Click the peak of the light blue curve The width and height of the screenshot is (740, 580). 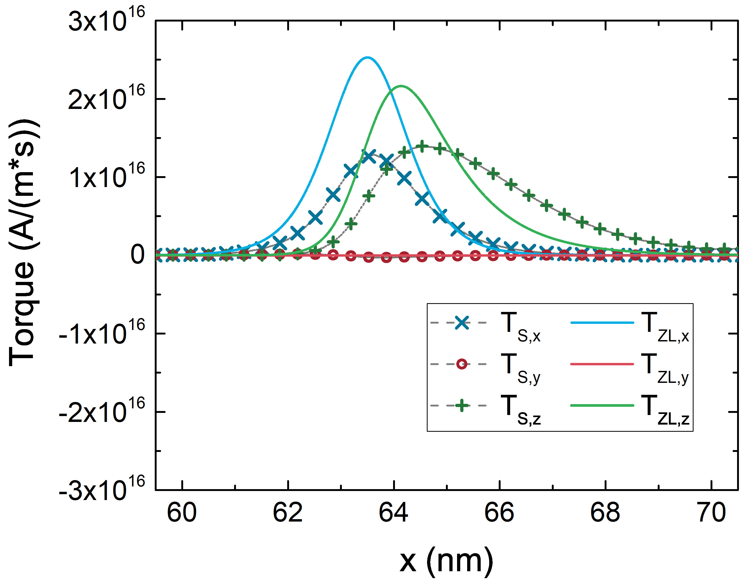click(x=367, y=57)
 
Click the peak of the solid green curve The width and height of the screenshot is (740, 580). click(x=401, y=86)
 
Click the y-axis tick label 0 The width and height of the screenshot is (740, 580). click(x=137, y=255)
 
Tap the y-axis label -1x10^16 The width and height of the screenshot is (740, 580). click(x=102, y=334)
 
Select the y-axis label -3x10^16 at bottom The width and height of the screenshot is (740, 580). click(x=102, y=490)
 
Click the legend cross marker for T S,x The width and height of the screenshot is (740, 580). click(x=462, y=323)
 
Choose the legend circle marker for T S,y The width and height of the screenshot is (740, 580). click(x=462, y=364)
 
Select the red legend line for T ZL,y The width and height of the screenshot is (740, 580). click(x=602, y=364)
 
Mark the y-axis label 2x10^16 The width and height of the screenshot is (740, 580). click(x=106, y=99)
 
